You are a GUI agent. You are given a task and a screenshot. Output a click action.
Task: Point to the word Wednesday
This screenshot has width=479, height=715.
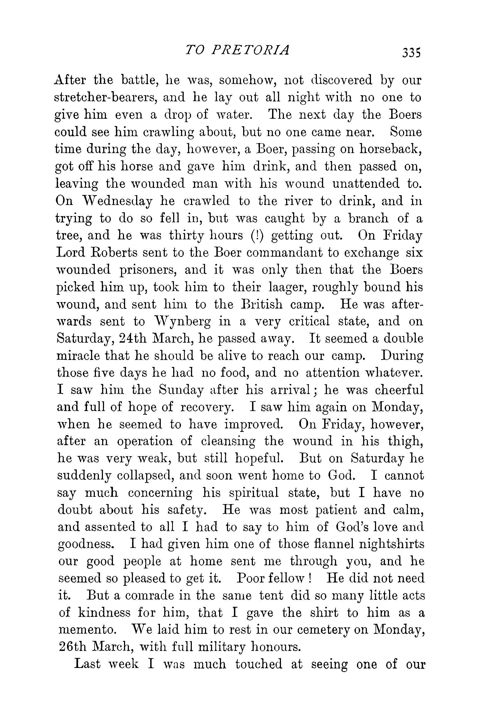(x=118, y=201)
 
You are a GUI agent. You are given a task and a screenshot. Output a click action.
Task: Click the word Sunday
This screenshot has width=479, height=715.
(x=182, y=390)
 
